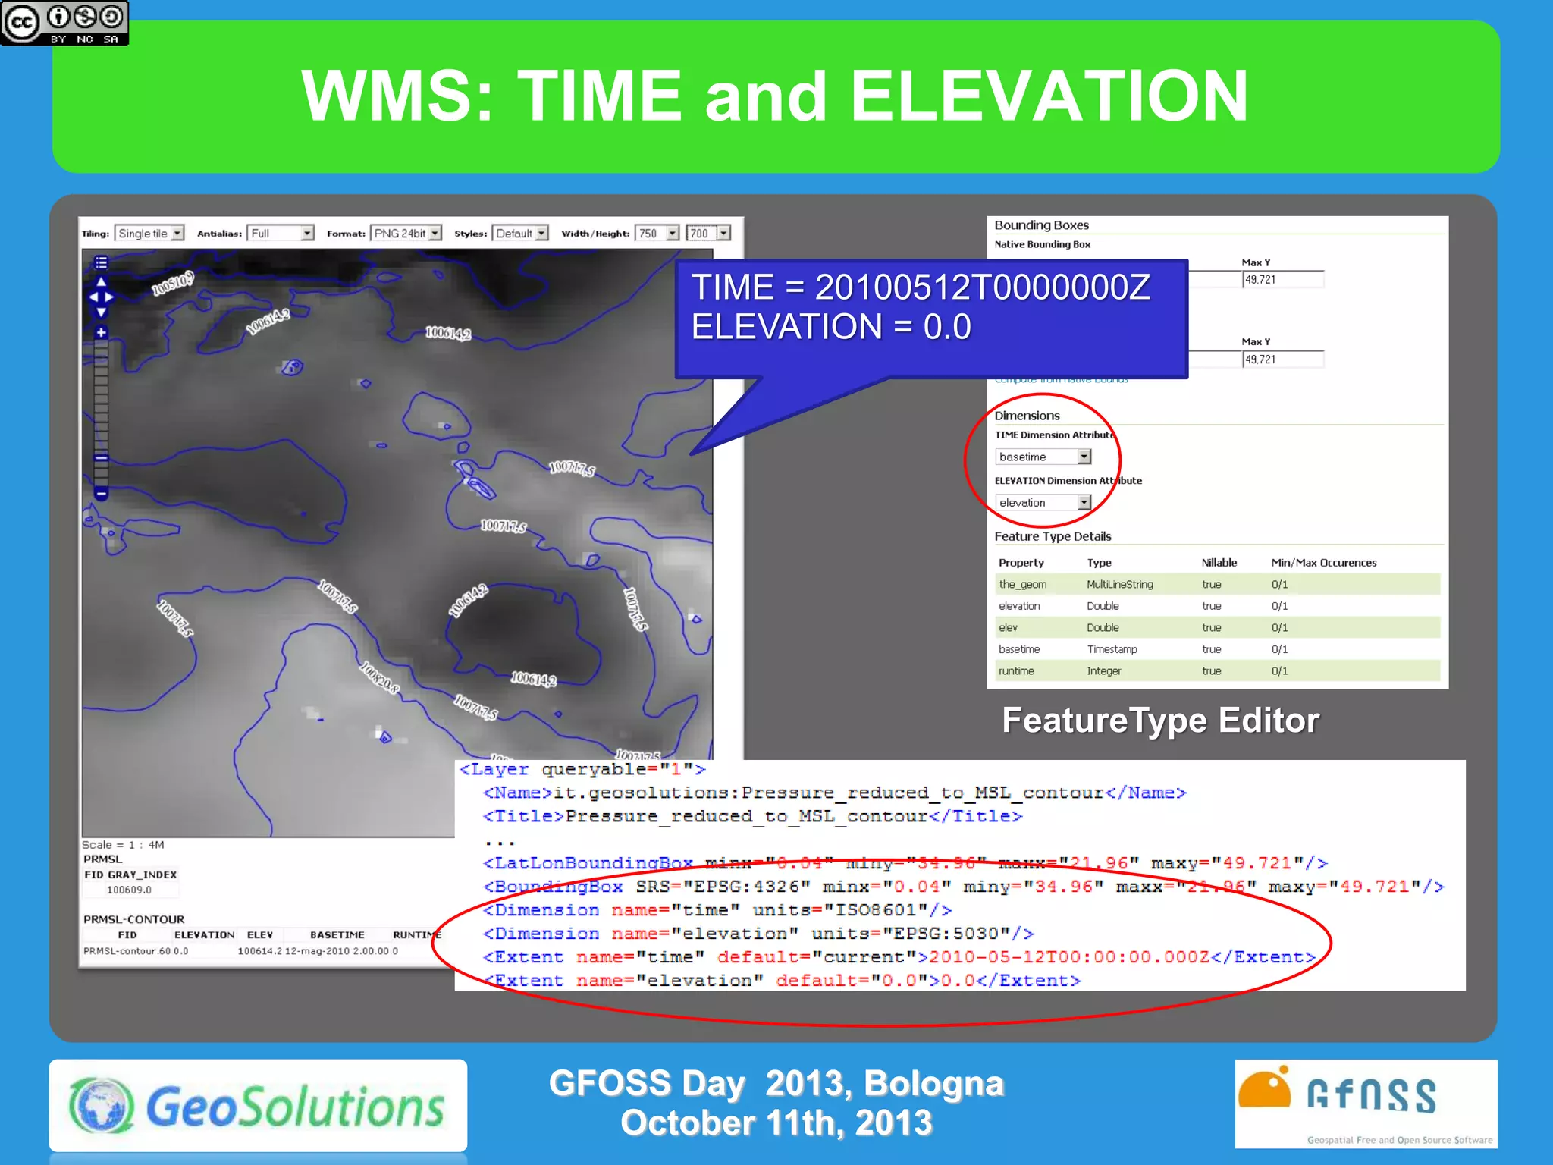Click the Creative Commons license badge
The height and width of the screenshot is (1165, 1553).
[x=64, y=23]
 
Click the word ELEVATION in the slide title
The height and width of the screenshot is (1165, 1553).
[x=1049, y=96]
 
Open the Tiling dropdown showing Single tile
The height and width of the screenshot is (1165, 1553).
[x=150, y=234]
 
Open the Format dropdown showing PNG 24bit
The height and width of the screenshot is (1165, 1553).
[x=406, y=234]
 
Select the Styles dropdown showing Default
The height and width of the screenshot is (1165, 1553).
[x=520, y=234]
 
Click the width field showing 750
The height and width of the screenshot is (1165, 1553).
[x=657, y=234]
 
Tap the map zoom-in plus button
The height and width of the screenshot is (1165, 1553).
[x=101, y=332]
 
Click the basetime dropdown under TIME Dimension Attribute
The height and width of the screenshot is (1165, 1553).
[x=1043, y=457]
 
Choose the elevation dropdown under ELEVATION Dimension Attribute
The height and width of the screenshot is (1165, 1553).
[x=1043, y=502]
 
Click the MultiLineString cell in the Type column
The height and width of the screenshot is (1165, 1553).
[x=1119, y=584]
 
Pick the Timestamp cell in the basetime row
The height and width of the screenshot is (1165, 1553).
[x=1112, y=649]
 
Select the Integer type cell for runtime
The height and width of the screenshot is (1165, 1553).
[x=1103, y=671]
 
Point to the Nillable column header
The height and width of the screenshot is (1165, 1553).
[x=1219, y=563]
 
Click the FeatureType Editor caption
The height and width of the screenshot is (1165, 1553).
[x=1160, y=721]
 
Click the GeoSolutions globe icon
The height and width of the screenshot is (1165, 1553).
[x=102, y=1105]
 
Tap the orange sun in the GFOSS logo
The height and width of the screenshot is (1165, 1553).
[x=1264, y=1090]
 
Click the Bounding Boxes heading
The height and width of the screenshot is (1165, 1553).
[x=1041, y=225]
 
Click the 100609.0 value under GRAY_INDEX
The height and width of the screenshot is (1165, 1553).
[x=129, y=890]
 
